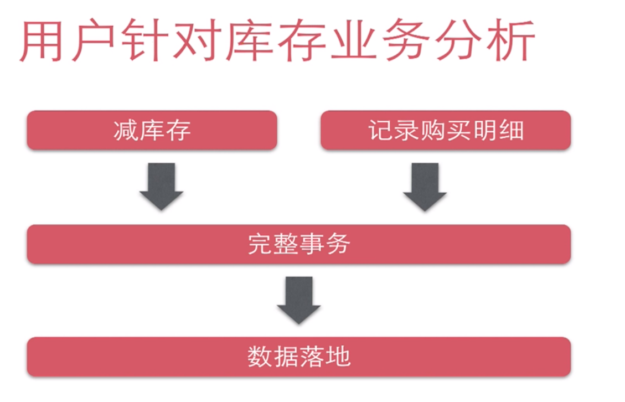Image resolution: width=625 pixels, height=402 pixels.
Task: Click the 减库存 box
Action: (152, 130)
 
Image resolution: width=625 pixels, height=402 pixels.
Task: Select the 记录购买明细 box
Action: (446, 130)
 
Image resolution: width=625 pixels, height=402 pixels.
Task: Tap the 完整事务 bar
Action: (299, 244)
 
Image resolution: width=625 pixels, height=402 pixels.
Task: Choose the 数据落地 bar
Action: (299, 357)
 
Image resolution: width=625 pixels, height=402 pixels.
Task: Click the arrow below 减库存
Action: (161, 186)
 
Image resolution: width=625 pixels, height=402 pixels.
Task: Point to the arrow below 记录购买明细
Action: (425, 186)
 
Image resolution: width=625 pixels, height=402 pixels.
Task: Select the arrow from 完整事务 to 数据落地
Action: (299, 300)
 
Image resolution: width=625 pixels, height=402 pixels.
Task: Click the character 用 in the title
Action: (41, 42)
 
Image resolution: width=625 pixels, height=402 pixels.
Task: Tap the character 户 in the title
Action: (92, 42)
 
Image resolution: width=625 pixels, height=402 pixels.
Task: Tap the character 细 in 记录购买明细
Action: (512, 131)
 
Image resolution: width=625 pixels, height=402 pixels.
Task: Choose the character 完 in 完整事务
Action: (260, 244)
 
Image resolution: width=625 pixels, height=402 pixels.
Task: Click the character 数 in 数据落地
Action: (260, 357)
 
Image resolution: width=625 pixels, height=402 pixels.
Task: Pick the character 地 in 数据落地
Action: (338, 357)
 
